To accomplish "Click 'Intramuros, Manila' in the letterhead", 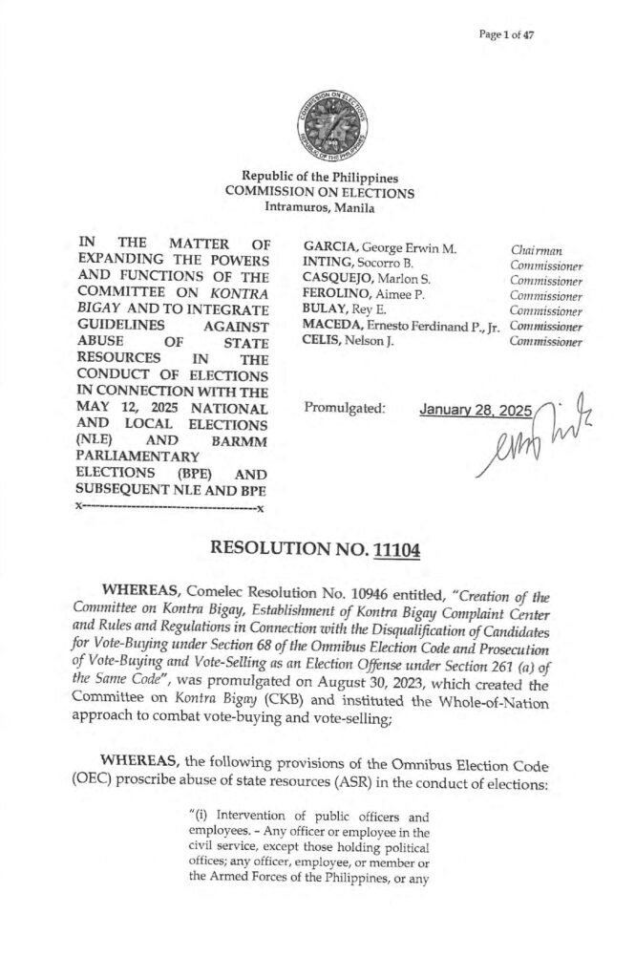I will pos(319,208).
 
